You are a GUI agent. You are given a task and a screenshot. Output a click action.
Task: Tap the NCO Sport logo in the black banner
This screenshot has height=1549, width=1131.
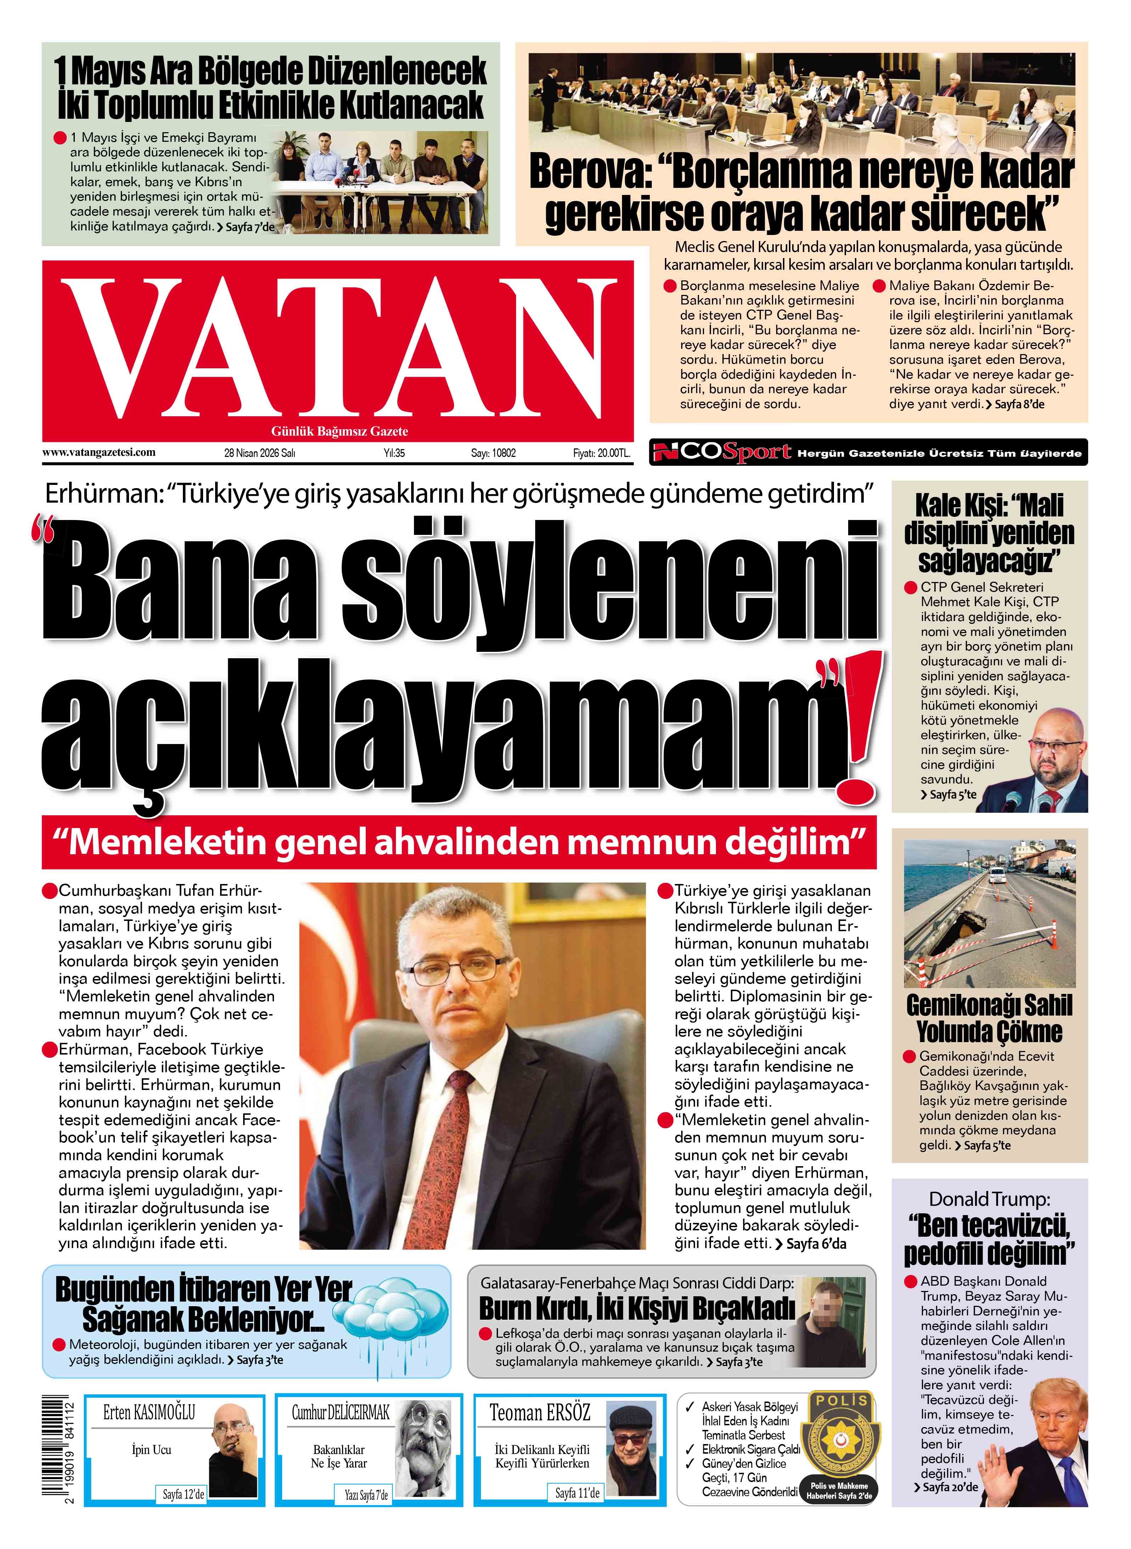pos(722,452)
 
